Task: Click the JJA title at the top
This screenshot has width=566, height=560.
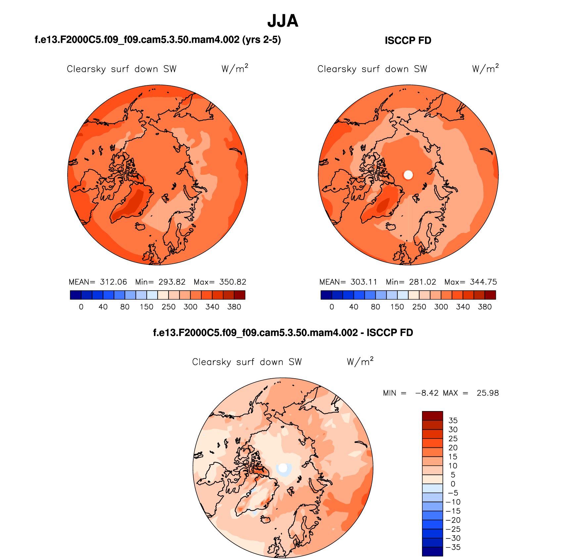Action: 283,21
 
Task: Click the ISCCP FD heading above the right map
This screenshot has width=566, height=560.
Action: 408,40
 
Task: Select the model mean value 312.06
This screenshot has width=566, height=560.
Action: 113,282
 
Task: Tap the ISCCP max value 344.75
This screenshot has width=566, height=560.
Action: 483,282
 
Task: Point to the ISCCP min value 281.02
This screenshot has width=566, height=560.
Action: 422,282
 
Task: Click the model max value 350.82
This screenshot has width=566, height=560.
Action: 233,282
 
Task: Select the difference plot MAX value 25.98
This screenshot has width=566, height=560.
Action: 488,393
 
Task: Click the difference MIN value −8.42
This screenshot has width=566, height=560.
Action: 427,393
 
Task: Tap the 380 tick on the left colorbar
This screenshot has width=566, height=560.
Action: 234,307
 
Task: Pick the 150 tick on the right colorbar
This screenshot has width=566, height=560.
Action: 397,307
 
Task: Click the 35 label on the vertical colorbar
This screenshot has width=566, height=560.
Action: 453,420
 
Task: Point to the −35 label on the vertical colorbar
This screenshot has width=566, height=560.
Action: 453,547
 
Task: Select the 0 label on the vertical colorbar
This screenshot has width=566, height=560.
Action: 453,484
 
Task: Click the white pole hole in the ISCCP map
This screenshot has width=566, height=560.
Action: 408,175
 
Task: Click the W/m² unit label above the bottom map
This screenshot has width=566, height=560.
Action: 360,361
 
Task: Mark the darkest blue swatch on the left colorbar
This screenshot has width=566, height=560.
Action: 75,295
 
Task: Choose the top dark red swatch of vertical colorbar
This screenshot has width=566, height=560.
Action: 432,416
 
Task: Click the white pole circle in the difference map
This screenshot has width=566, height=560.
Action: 283,468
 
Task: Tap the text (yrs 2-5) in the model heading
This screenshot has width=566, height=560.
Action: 261,40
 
